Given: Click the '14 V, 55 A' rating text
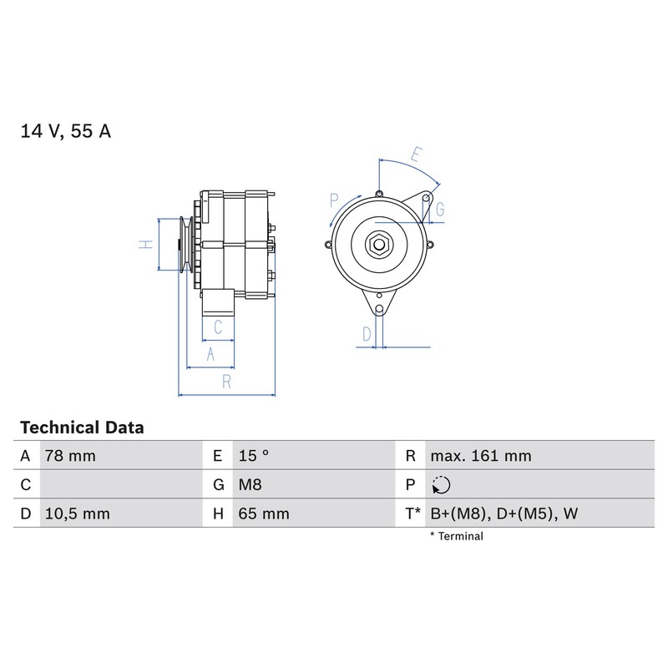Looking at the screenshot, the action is [66, 131].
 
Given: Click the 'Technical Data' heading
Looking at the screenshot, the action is [82, 428].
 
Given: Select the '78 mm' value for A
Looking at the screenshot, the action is [70, 456].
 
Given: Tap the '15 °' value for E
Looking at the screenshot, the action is [254, 455].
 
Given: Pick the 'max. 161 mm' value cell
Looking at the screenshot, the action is [481, 456].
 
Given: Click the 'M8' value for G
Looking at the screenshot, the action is [250, 484].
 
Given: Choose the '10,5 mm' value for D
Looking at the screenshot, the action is [78, 514].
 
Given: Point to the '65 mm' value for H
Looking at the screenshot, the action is [264, 514].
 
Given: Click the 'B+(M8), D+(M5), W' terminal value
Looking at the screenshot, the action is [504, 514].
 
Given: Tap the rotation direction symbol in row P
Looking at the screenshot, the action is [441, 485].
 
